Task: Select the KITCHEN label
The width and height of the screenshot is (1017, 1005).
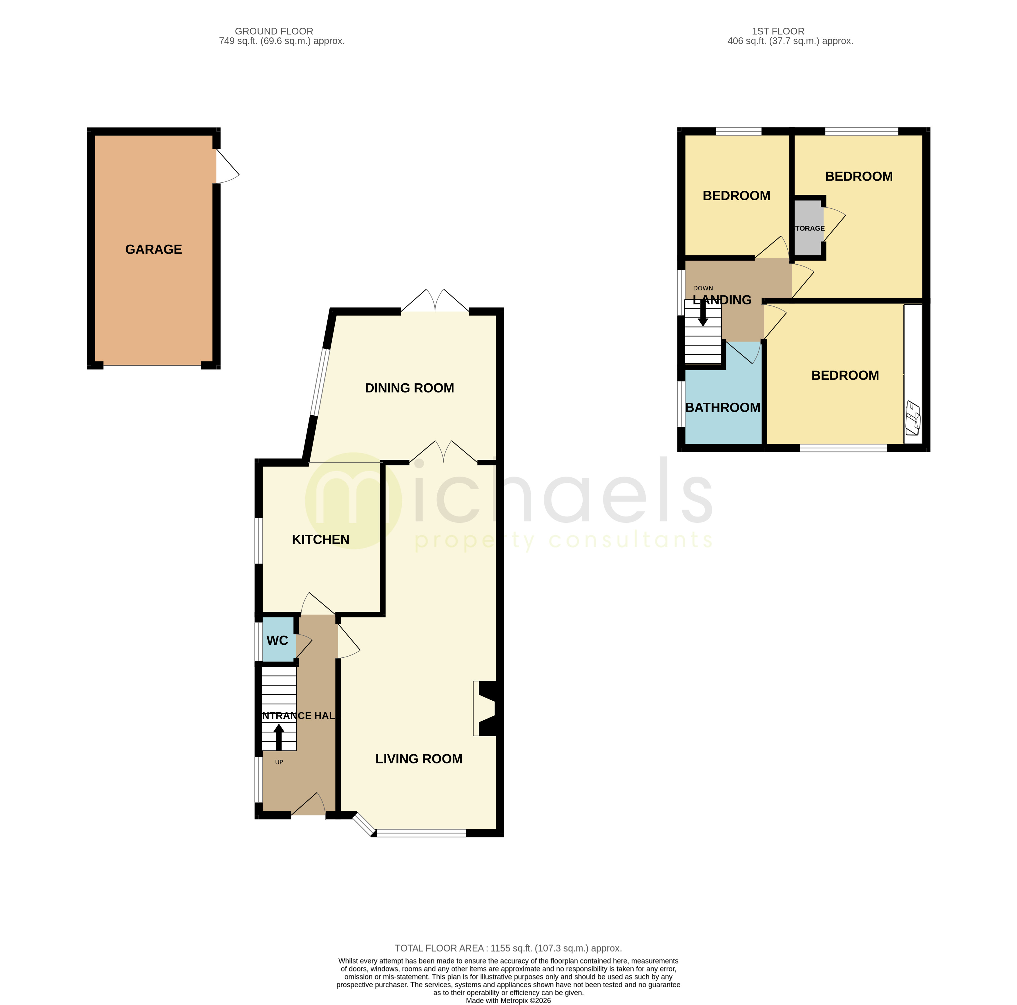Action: (x=320, y=539)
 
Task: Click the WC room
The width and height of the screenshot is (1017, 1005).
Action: (x=278, y=640)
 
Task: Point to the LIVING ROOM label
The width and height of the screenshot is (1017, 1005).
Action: (x=418, y=759)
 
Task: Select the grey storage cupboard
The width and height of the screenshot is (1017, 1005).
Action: (x=808, y=228)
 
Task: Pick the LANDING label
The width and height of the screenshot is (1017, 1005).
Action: (x=722, y=300)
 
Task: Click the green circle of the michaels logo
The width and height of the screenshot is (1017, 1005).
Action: (x=353, y=500)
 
